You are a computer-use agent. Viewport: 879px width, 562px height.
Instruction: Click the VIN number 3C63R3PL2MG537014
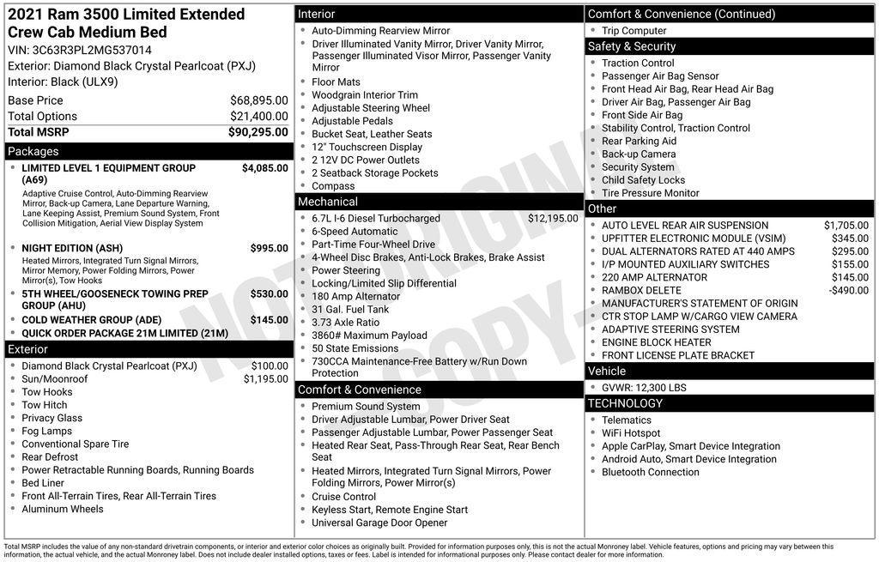point(92,50)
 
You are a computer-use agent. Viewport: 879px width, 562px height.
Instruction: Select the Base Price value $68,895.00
point(258,100)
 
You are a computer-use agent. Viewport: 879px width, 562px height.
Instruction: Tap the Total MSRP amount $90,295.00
point(258,132)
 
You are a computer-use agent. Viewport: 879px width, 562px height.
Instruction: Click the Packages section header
point(33,152)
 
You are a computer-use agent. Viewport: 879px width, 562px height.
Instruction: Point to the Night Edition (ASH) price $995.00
point(269,248)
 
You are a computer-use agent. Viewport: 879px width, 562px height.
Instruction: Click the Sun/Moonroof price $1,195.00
point(265,379)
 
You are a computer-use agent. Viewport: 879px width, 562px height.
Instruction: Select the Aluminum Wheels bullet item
point(63,509)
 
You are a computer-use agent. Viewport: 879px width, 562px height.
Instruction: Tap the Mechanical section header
point(328,202)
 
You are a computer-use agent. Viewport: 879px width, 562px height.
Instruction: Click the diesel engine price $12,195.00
point(553,219)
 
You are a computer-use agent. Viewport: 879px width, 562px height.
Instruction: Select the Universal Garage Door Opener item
point(379,523)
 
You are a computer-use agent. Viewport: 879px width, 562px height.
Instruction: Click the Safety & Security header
point(632,46)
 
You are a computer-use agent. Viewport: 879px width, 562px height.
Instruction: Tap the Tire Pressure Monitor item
point(651,193)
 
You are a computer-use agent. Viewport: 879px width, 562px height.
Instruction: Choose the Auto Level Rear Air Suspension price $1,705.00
point(846,226)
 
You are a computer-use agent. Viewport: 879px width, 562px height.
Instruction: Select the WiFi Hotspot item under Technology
point(631,433)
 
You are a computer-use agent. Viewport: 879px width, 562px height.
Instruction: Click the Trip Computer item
point(634,31)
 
